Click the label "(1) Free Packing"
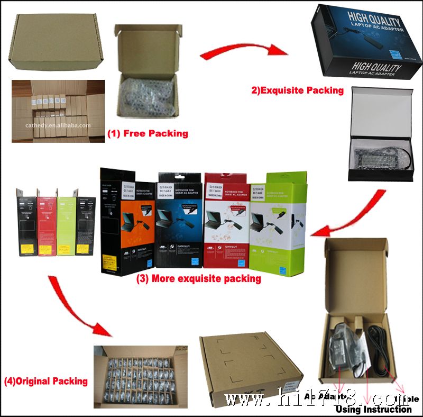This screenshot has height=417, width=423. point(148,133)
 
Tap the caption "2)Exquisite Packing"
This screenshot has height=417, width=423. point(297,90)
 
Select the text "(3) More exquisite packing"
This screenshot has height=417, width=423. point(199,278)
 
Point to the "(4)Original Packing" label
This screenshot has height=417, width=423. point(46,380)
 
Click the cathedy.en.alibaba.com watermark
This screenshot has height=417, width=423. point(58,125)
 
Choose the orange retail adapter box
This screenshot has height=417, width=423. point(127,222)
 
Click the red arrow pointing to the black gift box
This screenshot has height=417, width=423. point(243,50)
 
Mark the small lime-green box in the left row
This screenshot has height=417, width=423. point(67,225)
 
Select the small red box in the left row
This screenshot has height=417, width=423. point(47,225)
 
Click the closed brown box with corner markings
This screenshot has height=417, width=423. point(249,365)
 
